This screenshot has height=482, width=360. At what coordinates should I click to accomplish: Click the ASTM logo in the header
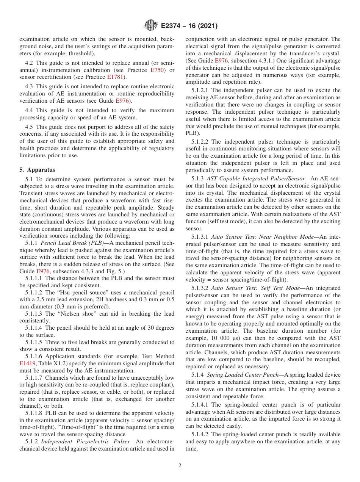[x=151, y=26]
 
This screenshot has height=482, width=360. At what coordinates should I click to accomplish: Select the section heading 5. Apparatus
[x=37, y=170]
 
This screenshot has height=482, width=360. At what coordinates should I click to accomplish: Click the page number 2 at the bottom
[x=180, y=466]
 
